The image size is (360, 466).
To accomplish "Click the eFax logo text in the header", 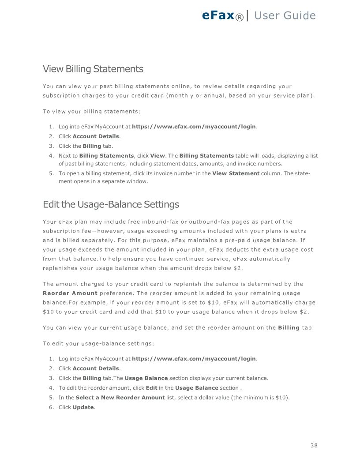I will tap(218, 15).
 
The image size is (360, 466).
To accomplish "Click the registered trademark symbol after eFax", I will tap(239, 17).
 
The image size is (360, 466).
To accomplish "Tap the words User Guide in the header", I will tap(285, 15).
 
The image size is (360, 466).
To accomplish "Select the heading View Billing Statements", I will tap(93, 69).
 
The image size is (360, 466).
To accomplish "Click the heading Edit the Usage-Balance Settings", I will tap(111, 205).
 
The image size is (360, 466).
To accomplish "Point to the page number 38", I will tap(314, 445).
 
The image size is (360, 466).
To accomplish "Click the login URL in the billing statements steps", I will tap(194, 127).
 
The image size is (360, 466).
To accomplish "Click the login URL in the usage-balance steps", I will tap(194, 359).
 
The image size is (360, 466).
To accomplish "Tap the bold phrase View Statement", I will tap(236, 173).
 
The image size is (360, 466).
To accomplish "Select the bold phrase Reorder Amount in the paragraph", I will tap(70, 293).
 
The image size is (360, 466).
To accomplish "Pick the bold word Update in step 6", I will tap(83, 407).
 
